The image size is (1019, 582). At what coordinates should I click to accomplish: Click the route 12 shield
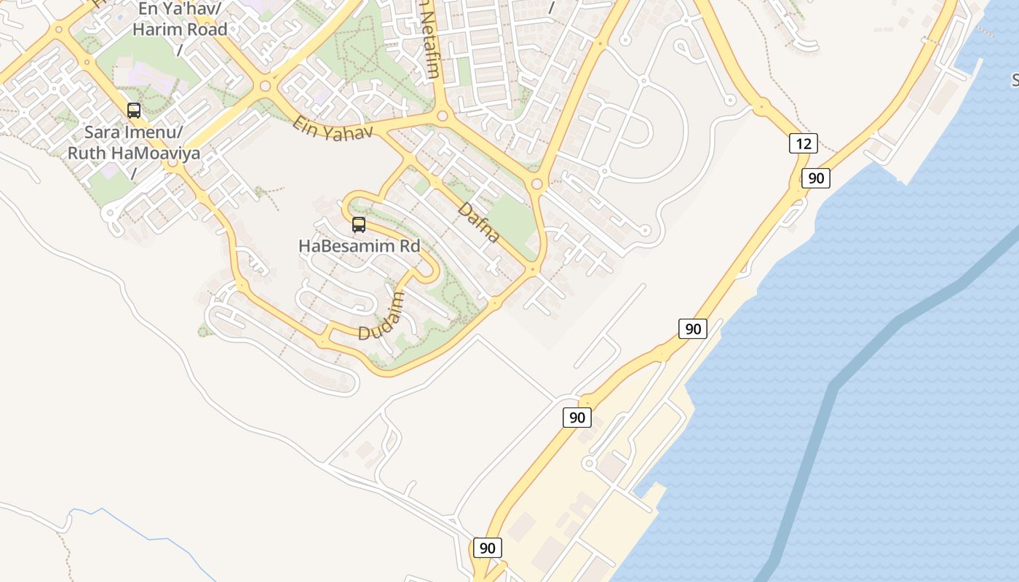803,143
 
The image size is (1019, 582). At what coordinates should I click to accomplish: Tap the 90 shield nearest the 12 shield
816,178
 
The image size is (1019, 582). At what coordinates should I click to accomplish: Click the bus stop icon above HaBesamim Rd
358,225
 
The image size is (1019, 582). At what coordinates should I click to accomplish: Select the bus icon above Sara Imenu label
134,111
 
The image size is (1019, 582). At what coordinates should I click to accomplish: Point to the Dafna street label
479,223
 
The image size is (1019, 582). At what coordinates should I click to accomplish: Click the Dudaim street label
381,316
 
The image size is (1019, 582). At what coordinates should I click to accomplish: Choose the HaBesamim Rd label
360,246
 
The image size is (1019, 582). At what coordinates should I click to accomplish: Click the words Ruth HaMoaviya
134,154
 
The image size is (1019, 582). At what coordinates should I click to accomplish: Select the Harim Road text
180,30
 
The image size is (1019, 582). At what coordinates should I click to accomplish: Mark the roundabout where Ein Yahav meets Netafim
442,116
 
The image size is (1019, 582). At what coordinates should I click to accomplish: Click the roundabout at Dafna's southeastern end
534,270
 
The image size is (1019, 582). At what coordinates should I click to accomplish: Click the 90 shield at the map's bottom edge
488,548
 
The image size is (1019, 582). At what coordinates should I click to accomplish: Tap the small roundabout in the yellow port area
589,463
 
